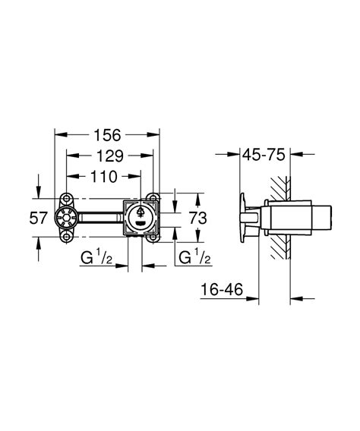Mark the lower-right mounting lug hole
click(x=155, y=238)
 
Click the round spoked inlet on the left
click(x=68, y=219)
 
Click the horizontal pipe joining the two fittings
click(x=101, y=219)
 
